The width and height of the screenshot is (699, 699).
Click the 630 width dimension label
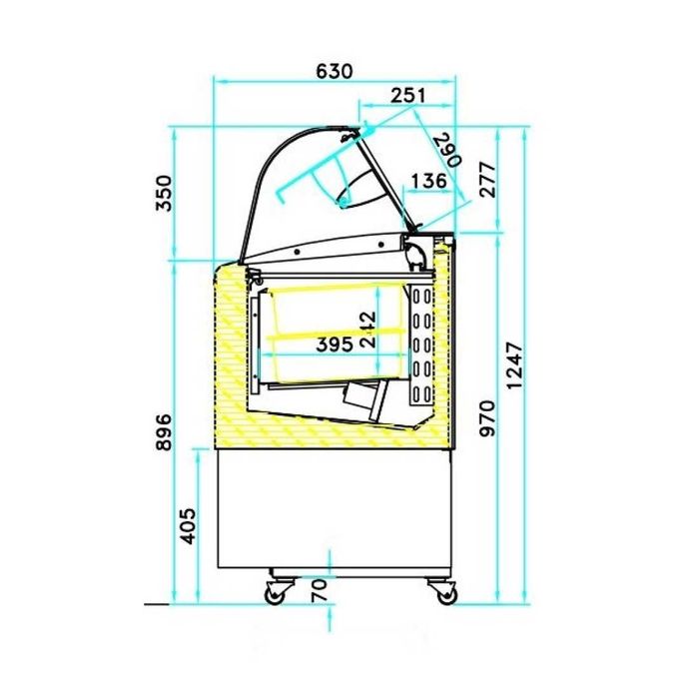coord(335,71)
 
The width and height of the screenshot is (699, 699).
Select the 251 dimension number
coord(407,95)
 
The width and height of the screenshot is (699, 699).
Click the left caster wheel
coord(274,594)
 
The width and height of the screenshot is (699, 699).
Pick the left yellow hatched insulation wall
coord(230,349)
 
